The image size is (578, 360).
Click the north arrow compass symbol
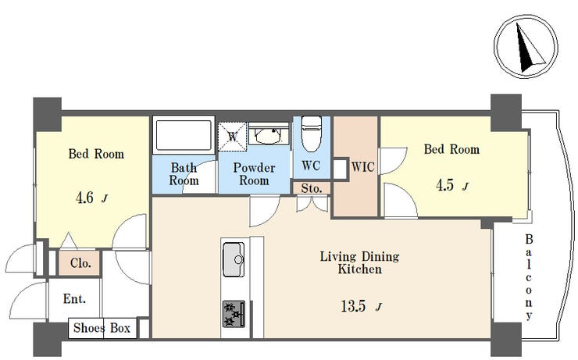526,46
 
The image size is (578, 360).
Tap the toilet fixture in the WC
312,134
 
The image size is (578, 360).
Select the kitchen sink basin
234,259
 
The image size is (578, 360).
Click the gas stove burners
234,314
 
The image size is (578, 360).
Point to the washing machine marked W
232,137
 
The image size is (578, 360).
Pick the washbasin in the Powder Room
269,134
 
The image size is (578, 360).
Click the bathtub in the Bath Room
184,135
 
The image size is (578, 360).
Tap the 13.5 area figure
353,306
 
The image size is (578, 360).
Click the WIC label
362,167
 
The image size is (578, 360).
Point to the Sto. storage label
312,188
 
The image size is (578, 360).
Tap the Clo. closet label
80,263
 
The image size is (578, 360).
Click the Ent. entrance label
74,298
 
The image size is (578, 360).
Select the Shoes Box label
102,327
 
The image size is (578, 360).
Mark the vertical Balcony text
529,277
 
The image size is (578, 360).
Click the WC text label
311,166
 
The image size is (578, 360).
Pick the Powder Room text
254,174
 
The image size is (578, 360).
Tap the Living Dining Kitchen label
359,262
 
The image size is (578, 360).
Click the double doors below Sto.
312,204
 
